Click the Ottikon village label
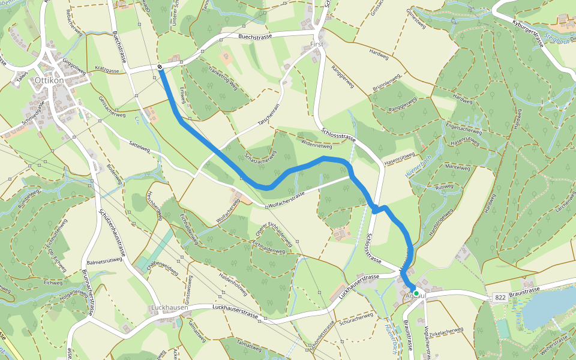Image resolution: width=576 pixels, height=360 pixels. [x=49, y=79]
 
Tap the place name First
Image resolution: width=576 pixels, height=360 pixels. [x=317, y=44]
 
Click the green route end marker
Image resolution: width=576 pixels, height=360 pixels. [x=416, y=293]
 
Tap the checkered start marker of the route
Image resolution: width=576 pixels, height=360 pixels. [x=161, y=67]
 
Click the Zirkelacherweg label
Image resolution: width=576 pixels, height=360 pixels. [x=447, y=331]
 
